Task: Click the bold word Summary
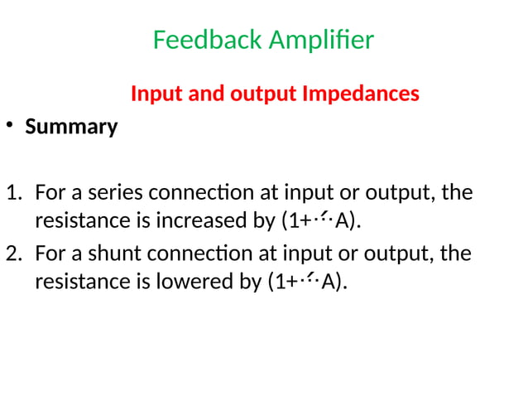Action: point(71,128)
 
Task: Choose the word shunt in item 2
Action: point(119,254)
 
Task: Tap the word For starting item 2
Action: point(50,254)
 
